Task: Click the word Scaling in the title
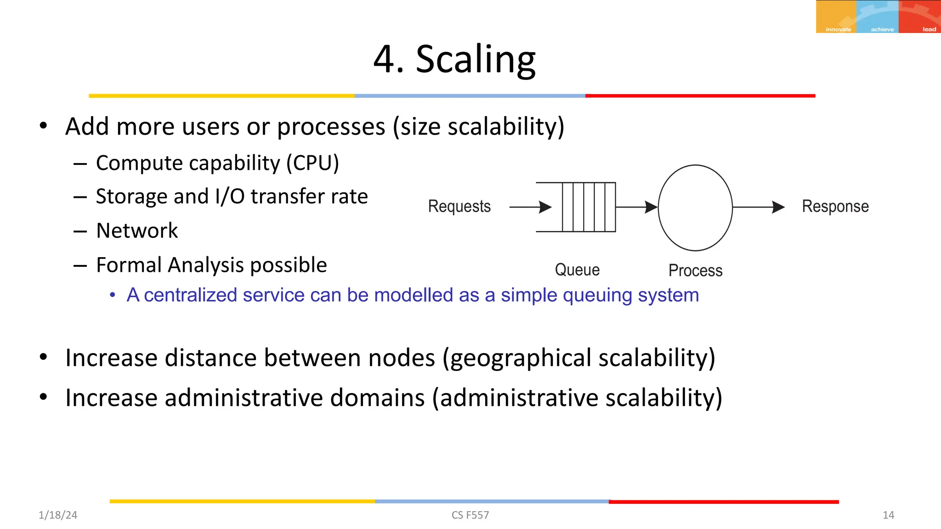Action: coord(476,60)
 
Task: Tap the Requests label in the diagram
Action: coord(459,206)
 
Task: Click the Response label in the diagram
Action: coord(835,206)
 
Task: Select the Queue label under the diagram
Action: coord(577,270)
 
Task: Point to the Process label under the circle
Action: coord(695,270)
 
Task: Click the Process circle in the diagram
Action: coord(695,208)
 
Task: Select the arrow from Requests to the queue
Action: coord(530,207)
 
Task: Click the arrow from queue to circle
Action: coord(636,207)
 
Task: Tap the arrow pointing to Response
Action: coord(758,207)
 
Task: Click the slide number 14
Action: coord(888,515)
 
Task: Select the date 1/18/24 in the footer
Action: coord(58,515)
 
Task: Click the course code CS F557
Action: coord(470,515)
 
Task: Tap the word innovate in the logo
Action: coord(838,29)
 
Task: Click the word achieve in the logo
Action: coord(882,29)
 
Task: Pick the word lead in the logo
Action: coord(929,29)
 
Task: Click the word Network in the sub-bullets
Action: coord(137,231)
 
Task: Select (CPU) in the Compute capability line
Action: coord(312,163)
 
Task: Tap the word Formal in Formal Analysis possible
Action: coord(129,265)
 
